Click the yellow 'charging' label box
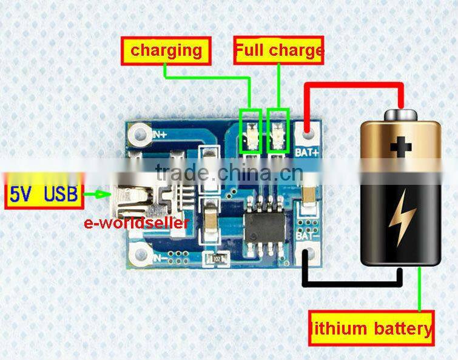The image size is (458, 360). [167, 51]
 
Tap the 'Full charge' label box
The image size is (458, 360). [278, 51]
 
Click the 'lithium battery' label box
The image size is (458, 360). [371, 328]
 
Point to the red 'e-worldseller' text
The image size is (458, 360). [136, 222]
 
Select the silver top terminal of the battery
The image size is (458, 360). [400, 113]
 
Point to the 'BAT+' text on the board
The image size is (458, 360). [307, 152]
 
